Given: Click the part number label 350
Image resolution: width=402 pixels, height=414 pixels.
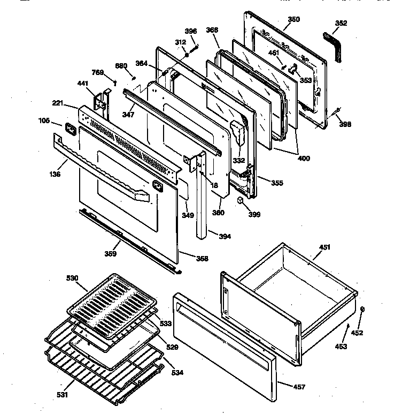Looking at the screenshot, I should tap(293, 19).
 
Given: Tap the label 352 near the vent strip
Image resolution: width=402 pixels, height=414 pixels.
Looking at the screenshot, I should tap(341, 23).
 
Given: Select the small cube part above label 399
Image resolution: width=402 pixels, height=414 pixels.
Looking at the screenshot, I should tap(241, 200).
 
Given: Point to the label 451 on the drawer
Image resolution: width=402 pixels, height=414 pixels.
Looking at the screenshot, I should tap(324, 247).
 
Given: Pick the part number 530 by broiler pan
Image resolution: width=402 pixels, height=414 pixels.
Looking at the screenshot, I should tap(72, 278).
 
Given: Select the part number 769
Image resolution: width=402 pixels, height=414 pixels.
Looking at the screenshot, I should tap(97, 73).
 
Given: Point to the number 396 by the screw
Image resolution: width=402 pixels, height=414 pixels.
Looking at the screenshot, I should tap(190, 32).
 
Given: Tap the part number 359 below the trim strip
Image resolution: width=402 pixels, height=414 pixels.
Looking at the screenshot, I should tap(111, 254).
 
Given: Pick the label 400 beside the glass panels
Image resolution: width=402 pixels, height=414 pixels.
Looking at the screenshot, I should tap(304, 159).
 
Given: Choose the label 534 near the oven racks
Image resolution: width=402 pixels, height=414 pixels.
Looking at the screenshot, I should tap(176, 372).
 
